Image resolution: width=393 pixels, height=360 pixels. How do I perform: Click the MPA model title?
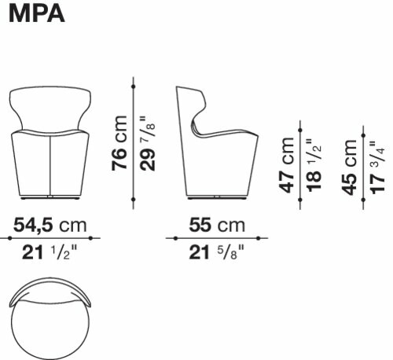click(37, 13)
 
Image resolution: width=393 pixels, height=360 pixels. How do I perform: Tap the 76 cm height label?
click(119, 143)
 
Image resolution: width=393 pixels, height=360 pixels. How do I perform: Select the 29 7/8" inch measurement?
click(147, 144)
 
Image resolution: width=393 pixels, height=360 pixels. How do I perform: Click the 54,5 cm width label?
click(50, 226)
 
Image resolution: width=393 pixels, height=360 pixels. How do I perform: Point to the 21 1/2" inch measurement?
click(50, 252)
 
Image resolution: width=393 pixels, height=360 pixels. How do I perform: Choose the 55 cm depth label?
click(217, 225)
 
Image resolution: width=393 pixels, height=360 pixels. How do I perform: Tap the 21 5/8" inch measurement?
click(216, 252)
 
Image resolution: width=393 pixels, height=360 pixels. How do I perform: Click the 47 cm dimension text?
click(287, 165)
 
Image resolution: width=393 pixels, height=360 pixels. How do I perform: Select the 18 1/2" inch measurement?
click(314, 166)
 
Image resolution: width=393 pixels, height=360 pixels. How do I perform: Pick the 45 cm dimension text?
click(350, 167)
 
